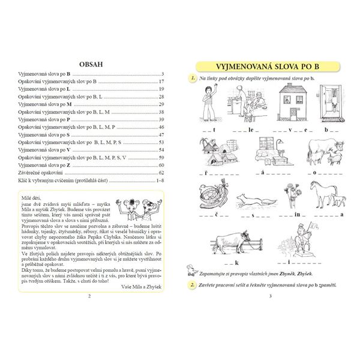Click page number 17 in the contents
click(x=161, y=81)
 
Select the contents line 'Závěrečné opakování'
click(x=40, y=172)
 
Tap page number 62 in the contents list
click(x=161, y=172)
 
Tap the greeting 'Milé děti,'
click(x=30, y=197)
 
